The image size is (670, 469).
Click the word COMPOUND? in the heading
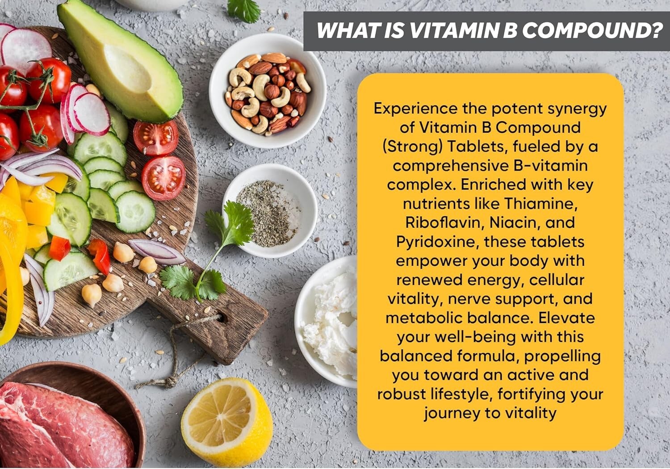[x=592, y=31]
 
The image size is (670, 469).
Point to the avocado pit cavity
[x=128, y=67]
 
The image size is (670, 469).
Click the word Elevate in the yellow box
[x=566, y=318]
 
